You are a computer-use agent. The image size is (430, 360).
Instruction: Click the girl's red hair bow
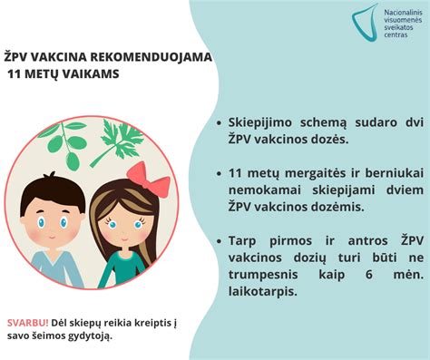[149, 178]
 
